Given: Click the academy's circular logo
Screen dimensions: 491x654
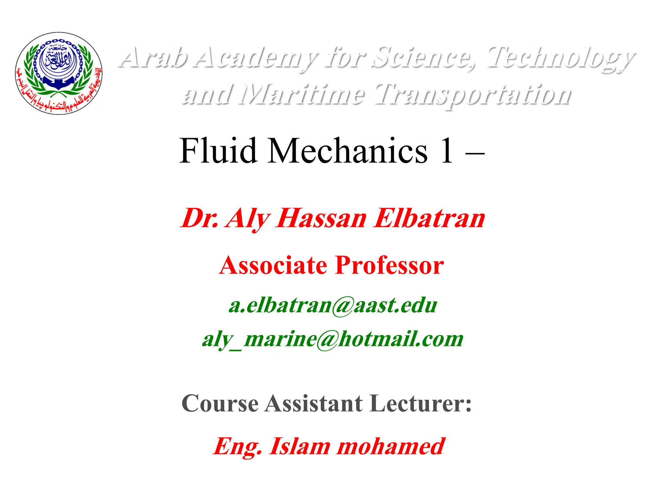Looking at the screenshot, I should tap(59, 73).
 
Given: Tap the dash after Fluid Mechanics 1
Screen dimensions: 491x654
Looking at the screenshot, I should tap(475, 154).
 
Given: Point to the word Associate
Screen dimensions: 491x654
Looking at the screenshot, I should tap(273, 265).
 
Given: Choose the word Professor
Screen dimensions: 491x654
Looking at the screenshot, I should tap(390, 265).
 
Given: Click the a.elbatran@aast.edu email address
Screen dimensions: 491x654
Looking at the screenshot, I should tap(333, 305).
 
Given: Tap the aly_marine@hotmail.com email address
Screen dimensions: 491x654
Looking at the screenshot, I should tap(333, 339).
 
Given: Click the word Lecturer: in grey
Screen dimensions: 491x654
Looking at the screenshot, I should tap(422, 403).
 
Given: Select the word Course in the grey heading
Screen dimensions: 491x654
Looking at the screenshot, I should tap(220, 403).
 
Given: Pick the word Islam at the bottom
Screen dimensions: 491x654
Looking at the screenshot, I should tap(300, 446).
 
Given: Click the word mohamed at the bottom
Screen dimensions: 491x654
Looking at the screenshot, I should tap(391, 446).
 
